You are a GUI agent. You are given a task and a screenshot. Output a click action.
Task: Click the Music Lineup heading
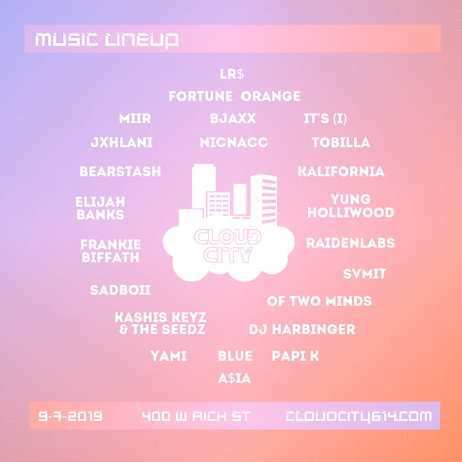pos(107,40)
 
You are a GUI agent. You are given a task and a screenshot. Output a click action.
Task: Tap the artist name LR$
pos(232,74)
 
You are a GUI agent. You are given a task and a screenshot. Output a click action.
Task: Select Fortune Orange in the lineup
pos(235,96)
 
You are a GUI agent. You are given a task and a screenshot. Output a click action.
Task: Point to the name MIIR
pos(135,119)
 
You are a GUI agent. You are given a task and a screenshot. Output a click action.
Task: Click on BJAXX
pos(233,119)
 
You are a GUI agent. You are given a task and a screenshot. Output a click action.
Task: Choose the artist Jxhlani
pos(121,142)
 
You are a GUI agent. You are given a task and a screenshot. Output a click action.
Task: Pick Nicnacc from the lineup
pos(234,142)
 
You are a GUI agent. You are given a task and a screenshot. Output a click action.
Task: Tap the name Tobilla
pos(341,142)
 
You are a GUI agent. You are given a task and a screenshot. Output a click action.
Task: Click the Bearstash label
pos(120,171)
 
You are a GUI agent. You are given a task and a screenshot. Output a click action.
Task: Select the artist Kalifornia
pos(341,171)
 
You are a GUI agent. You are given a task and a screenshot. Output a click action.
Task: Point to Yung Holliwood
pos(350,206)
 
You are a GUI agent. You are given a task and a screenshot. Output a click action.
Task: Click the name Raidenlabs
pos(350,243)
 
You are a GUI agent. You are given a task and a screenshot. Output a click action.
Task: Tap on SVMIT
pos(364,274)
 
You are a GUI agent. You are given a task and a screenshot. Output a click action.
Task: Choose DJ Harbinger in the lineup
pos(302,329)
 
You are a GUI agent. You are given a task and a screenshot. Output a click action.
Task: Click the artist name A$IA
pos(234,379)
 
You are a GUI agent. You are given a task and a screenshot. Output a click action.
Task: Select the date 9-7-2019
pos(71,416)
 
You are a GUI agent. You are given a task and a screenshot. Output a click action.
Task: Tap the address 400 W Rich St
pos(196,416)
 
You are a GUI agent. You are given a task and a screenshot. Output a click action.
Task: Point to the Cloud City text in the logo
pos(228,246)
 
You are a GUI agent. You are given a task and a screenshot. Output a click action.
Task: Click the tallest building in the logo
pos(203,189)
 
